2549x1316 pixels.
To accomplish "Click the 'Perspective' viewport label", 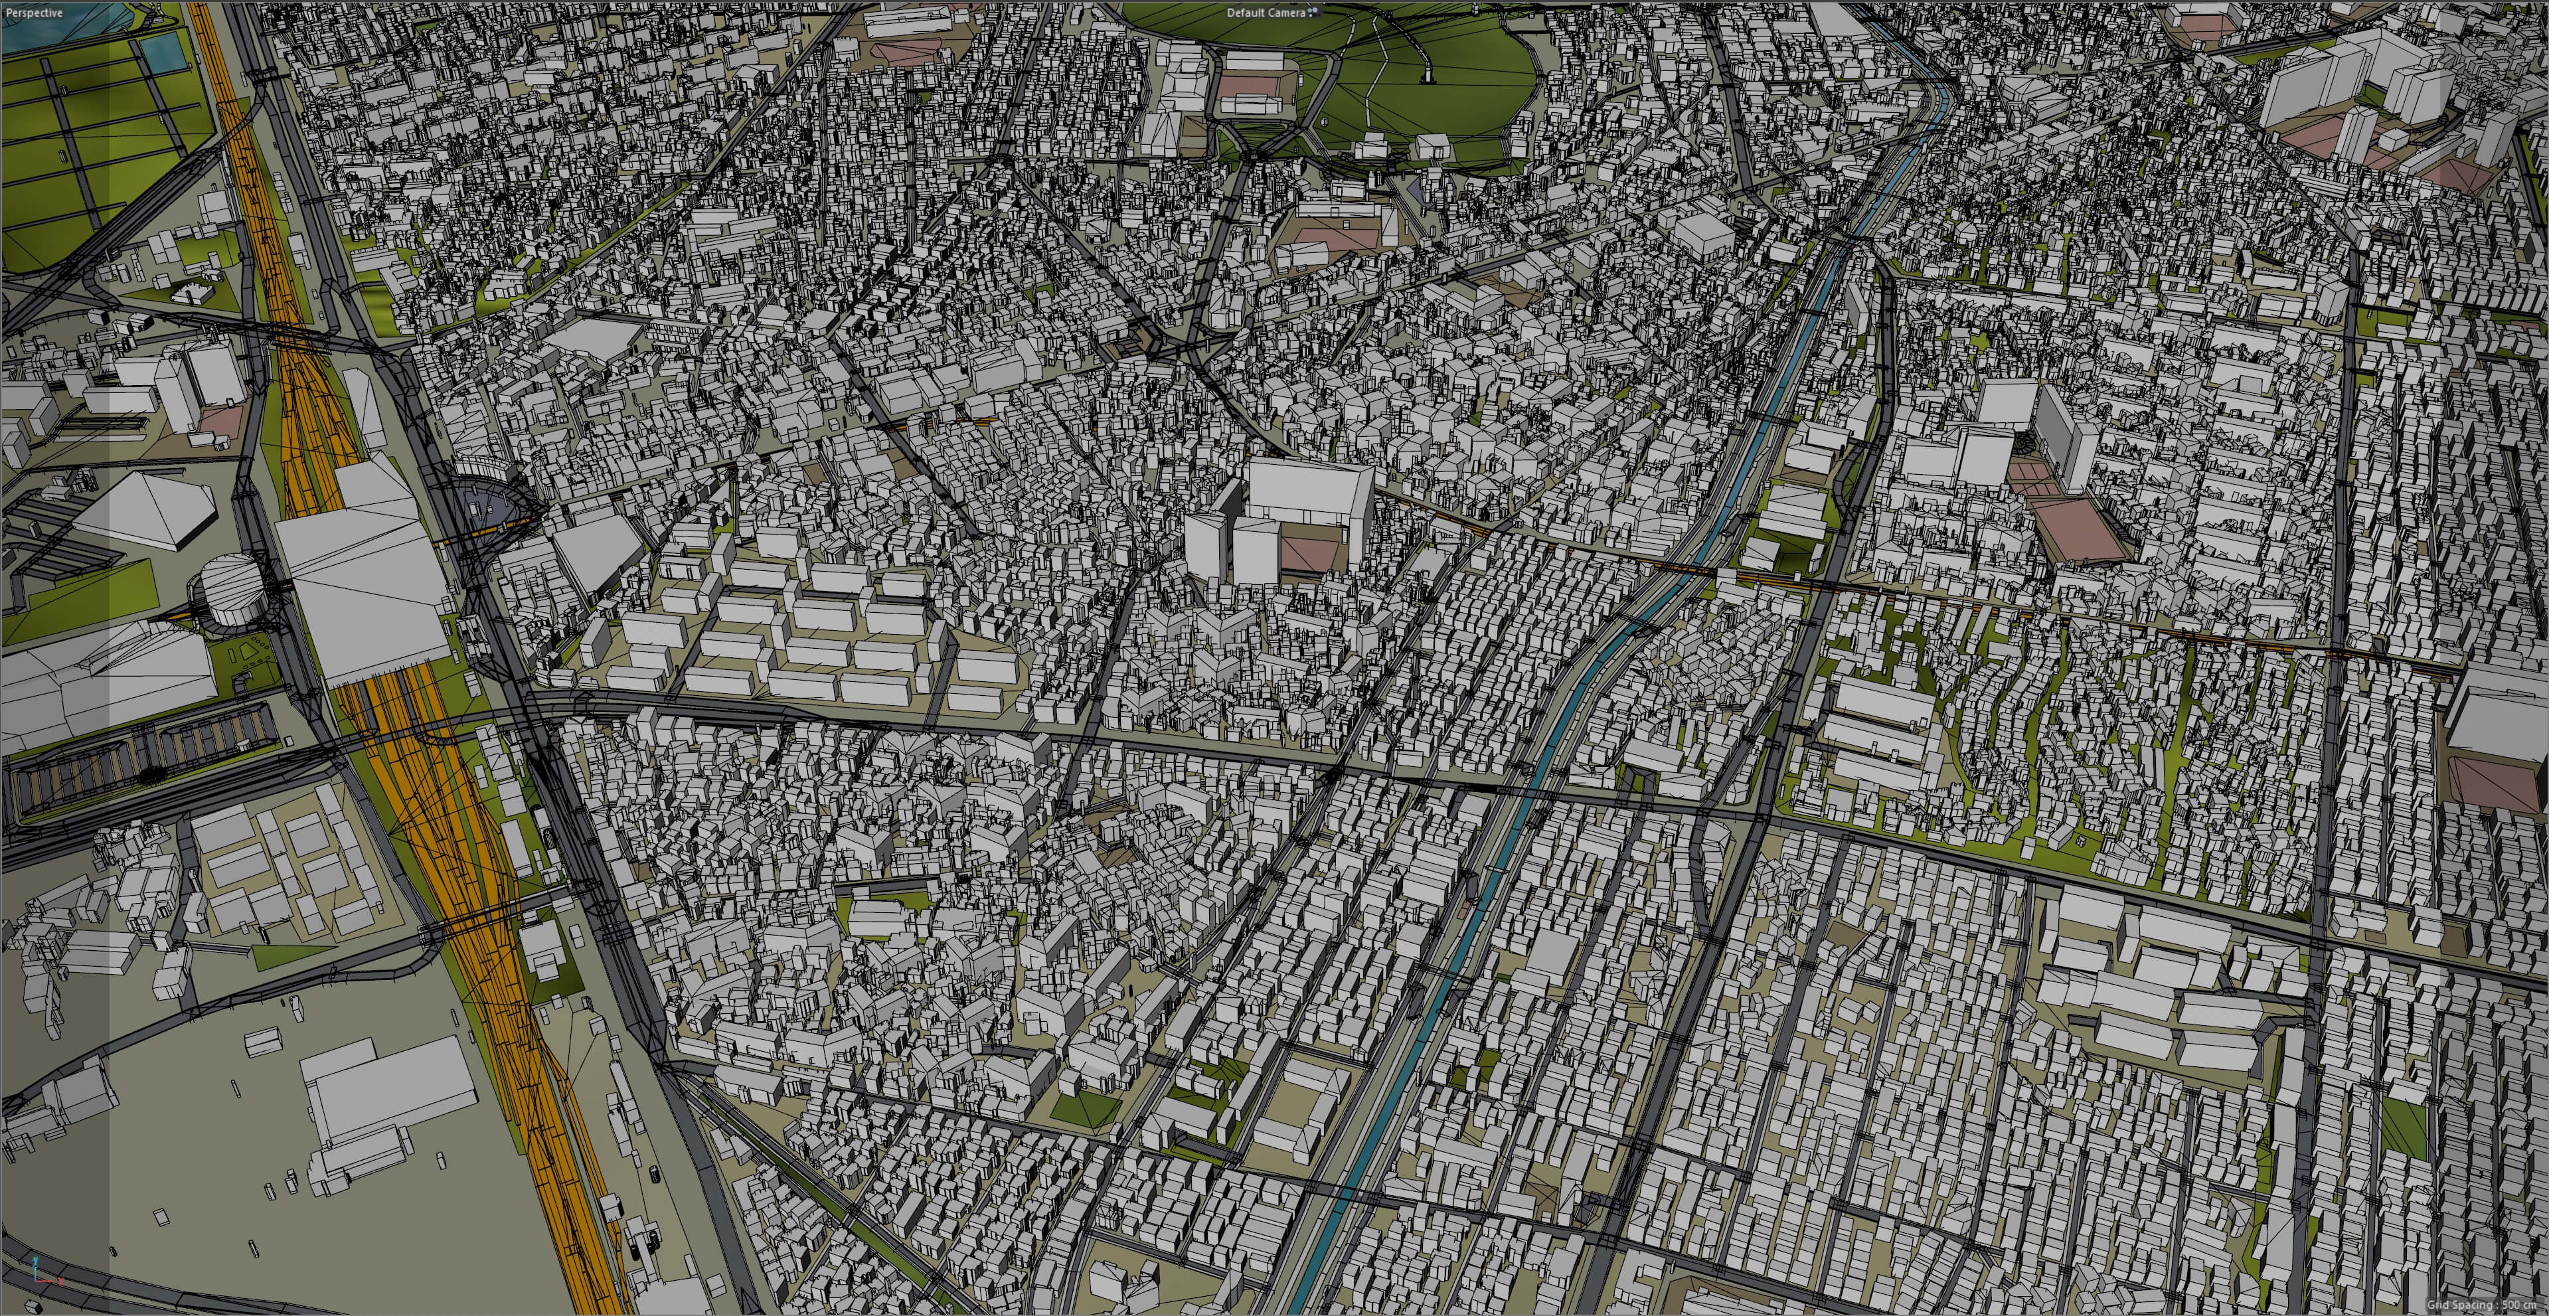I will click(x=34, y=13).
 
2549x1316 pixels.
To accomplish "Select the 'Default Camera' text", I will click(x=1265, y=13).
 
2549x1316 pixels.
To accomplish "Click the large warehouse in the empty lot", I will click(x=386, y=1094).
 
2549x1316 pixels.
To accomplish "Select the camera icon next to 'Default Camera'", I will click(x=1314, y=12).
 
